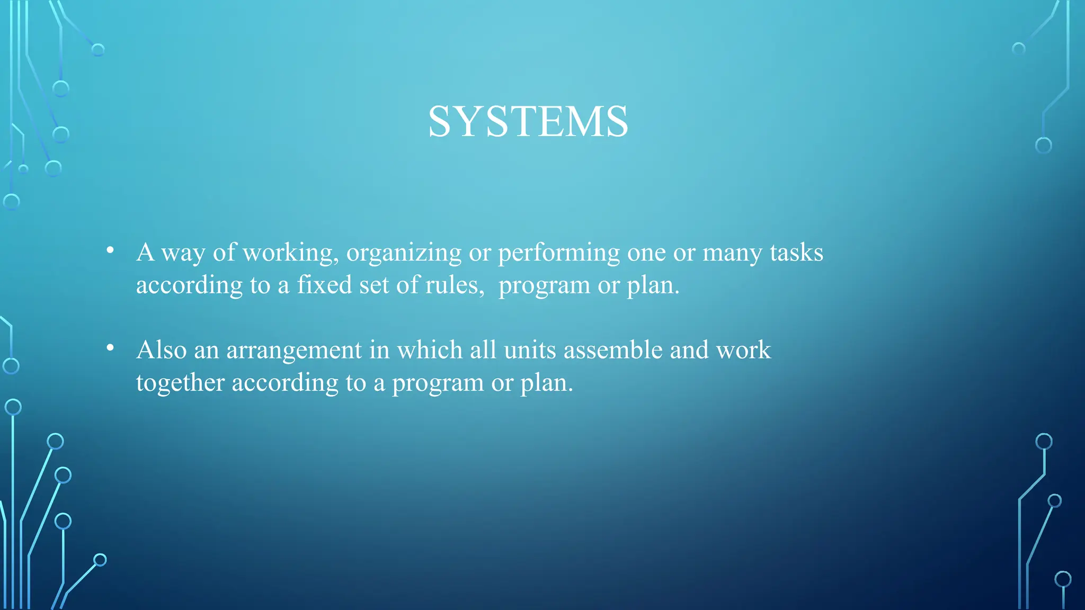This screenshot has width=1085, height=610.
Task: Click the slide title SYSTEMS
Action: click(528, 122)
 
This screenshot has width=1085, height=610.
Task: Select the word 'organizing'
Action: click(404, 253)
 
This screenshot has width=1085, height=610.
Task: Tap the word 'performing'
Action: click(559, 253)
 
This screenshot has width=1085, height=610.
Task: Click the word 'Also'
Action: click(162, 350)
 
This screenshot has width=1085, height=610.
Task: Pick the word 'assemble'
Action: click(613, 350)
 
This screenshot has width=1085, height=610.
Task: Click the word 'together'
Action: click(180, 383)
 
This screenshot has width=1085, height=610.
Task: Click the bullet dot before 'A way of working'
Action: click(110, 250)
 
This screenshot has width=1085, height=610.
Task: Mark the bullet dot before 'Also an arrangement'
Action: click(110, 348)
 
